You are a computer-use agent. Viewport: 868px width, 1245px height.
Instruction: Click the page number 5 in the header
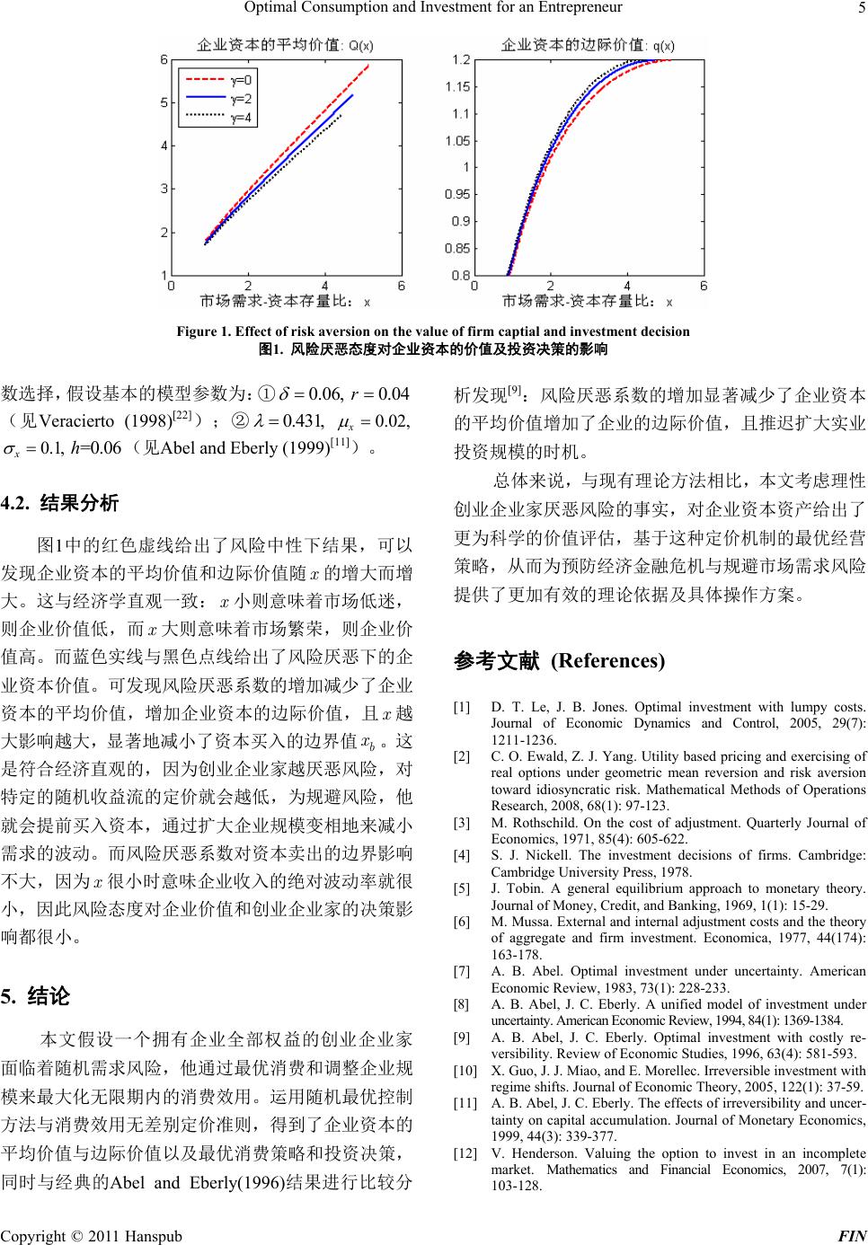pyautogui.click(x=861, y=9)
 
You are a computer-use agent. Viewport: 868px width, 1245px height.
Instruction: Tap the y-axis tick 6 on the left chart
pyautogui.click(x=164, y=59)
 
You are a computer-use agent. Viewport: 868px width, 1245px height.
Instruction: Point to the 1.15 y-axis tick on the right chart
pyautogui.click(x=460, y=86)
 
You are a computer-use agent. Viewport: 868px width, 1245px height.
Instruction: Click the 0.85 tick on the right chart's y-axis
pyautogui.click(x=460, y=248)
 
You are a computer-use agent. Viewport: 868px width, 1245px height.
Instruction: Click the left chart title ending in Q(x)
pyautogui.click(x=287, y=44)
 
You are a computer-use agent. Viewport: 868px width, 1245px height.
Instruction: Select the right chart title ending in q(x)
pyautogui.click(x=589, y=44)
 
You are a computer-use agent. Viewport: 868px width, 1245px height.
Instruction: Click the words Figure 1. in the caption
pyautogui.click(x=202, y=331)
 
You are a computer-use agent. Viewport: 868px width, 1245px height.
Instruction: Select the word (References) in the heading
pyautogui.click(x=607, y=661)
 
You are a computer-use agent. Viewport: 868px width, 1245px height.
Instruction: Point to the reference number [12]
pyautogui.click(x=465, y=1152)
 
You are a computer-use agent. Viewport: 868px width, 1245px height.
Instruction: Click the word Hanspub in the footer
pyautogui.click(x=152, y=1235)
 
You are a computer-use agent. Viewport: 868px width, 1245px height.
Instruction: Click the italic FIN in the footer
pyautogui.click(x=851, y=1235)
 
